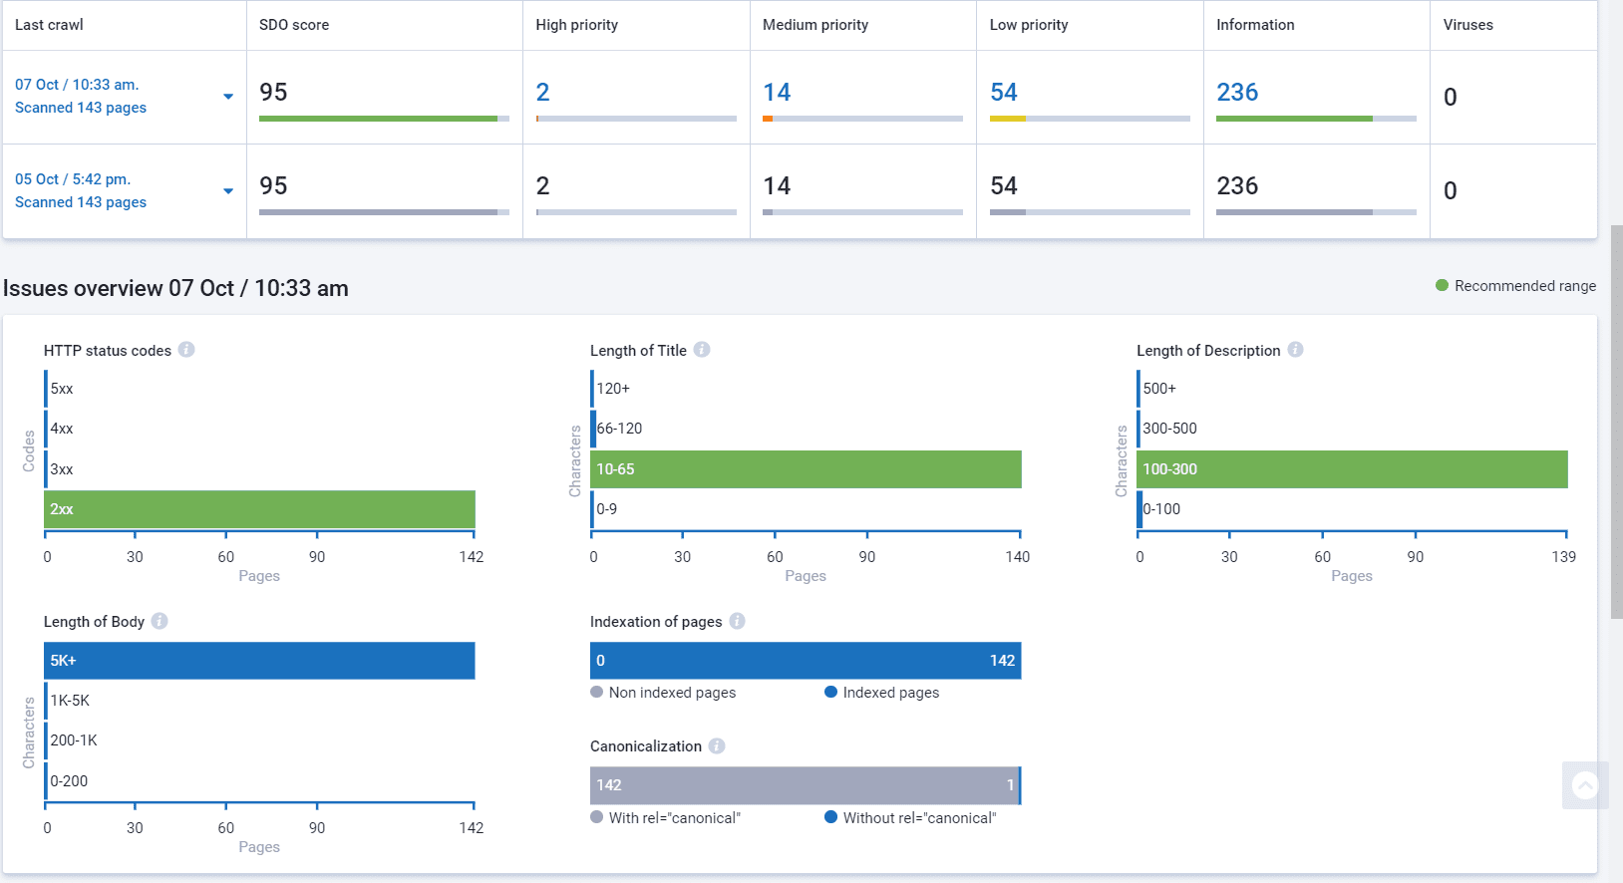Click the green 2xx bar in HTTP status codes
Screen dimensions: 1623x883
tap(259, 509)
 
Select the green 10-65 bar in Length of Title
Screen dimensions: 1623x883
tap(806, 469)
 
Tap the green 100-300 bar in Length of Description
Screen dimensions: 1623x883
tap(1352, 469)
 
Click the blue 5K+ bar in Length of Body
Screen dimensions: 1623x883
tap(259, 661)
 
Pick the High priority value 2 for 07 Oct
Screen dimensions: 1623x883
tap(542, 92)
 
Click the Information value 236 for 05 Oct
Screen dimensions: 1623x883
tap(1237, 186)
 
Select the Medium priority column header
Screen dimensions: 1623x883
tap(815, 25)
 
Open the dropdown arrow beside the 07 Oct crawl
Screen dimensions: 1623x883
tap(228, 97)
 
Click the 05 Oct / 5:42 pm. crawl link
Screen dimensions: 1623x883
tap(73, 179)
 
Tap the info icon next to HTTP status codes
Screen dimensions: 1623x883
tap(186, 350)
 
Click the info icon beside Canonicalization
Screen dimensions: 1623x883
tap(717, 746)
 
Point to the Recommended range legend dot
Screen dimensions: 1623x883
tap(1442, 285)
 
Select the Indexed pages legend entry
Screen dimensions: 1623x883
tap(881, 693)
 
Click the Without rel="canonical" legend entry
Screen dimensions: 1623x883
tap(911, 818)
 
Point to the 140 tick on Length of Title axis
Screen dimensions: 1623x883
tap(1017, 557)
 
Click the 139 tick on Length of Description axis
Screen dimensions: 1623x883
tap(1563, 557)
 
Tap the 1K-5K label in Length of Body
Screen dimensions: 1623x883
tap(70, 701)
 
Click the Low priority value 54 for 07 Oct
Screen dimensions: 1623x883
tap(1004, 92)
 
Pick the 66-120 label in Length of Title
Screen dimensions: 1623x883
tap(619, 429)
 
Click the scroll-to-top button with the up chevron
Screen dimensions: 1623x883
tap(1585, 785)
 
